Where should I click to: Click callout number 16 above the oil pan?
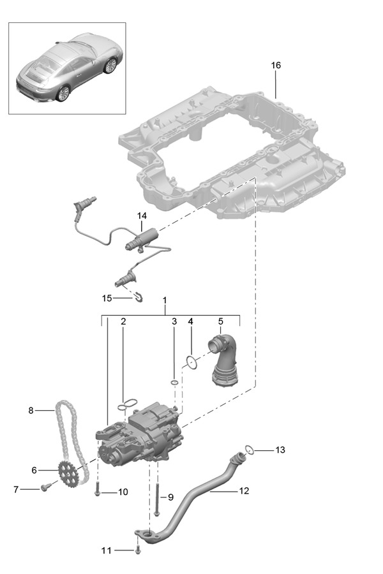276,65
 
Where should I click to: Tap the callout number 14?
142,216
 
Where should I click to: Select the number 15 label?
107,298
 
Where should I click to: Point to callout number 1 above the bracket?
165,300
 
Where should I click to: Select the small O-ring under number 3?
174,383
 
